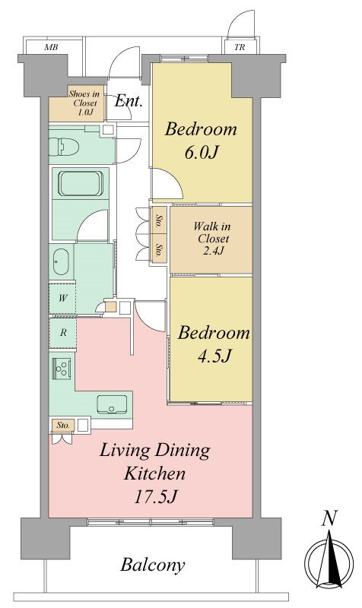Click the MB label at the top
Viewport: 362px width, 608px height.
pos(51,47)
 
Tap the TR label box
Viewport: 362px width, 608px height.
pos(240,47)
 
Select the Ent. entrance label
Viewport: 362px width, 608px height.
pos(129,101)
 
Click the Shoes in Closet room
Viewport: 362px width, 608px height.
pos(77,103)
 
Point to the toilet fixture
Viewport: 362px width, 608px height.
pos(64,147)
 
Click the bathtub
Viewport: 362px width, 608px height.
pos(81,183)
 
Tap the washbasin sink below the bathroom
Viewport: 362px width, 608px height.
pos(61,261)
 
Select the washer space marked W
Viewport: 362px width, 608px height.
pos(62,298)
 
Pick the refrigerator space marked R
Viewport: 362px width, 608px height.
pos(63,332)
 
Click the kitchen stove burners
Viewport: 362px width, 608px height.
pos(62,368)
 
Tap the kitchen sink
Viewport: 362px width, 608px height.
pos(112,404)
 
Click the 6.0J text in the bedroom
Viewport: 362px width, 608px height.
pos(200,153)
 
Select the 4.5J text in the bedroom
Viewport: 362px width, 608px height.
pos(214,356)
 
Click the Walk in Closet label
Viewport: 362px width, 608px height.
pos(212,238)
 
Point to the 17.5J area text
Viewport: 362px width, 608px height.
pos(156,497)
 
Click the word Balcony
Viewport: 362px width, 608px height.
pos(153,565)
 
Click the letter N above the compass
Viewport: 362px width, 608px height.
pos(329,518)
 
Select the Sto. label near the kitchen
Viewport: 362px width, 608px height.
pos(63,425)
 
